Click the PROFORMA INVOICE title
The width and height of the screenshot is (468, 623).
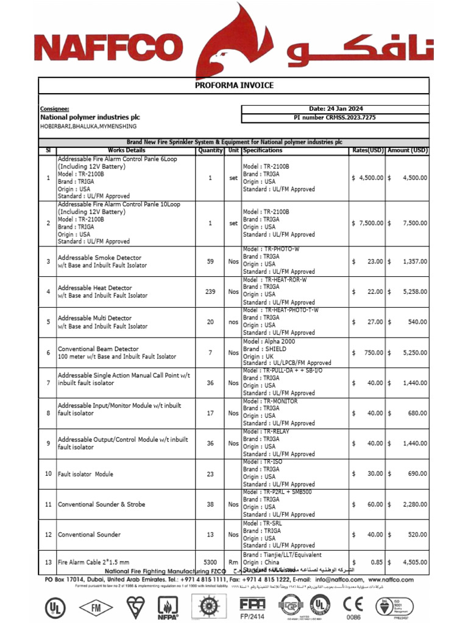(x=234, y=86)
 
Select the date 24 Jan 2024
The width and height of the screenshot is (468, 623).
(x=336, y=109)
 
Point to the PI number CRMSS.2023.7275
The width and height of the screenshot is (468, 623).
(x=335, y=117)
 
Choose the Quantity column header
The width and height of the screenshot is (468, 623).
(x=210, y=150)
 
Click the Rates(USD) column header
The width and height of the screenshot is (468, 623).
(x=367, y=150)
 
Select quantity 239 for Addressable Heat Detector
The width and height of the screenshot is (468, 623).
(x=210, y=292)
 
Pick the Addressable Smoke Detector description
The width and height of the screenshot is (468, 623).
(x=99, y=258)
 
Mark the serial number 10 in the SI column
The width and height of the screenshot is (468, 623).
(x=48, y=474)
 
